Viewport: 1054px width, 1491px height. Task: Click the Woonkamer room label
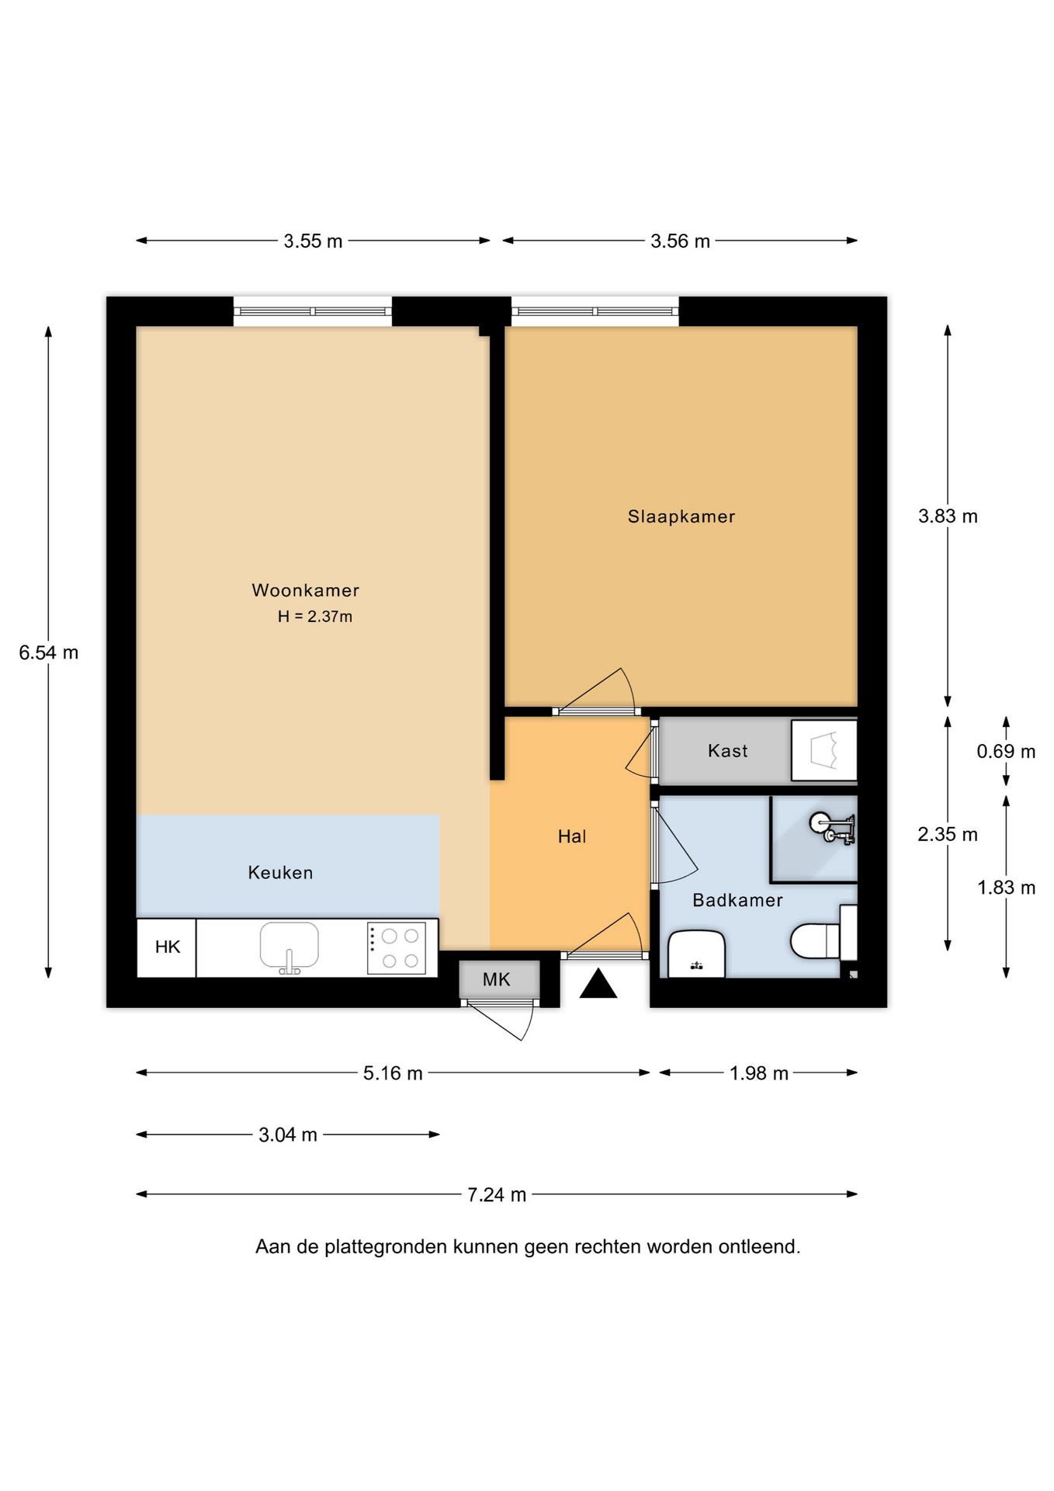(x=305, y=590)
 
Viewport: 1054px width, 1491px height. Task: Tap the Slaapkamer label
(x=681, y=516)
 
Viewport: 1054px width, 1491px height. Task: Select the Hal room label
(x=572, y=836)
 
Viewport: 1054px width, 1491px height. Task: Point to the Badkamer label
(x=737, y=900)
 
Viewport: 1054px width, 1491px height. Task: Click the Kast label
(x=727, y=751)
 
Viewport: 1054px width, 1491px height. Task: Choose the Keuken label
(x=280, y=873)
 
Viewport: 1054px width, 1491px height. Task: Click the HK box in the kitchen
(x=167, y=947)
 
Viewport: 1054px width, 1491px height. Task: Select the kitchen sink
(x=289, y=947)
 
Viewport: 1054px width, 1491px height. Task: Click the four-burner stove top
(x=397, y=947)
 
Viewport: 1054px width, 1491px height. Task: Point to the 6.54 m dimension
(x=49, y=653)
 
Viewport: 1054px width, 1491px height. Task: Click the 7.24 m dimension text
(x=497, y=1194)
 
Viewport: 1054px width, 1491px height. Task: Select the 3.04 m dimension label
(x=288, y=1135)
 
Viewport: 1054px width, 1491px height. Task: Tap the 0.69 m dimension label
(x=1006, y=751)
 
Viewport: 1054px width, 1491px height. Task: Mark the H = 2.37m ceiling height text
(x=315, y=617)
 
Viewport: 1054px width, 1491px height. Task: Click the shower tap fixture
(x=833, y=829)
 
